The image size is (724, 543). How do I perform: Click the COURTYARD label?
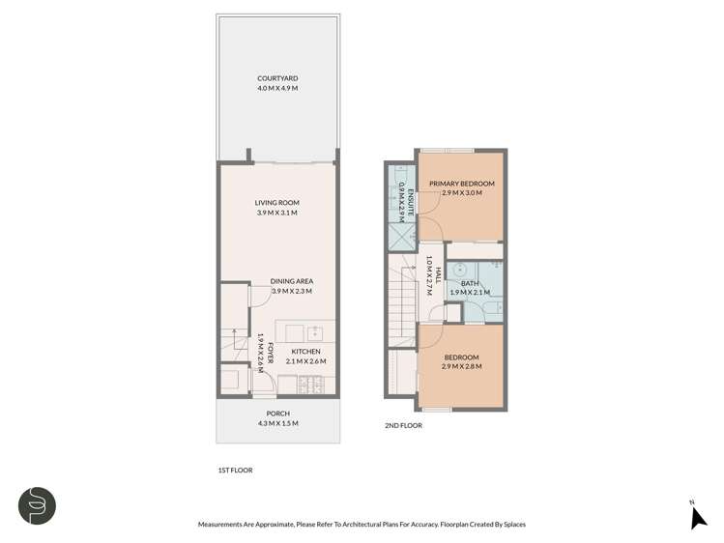[x=277, y=78]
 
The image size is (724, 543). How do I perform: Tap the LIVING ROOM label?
[x=277, y=203]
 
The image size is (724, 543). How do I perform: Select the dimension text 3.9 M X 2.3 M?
[x=291, y=291]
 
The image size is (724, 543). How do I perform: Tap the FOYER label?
[x=271, y=354]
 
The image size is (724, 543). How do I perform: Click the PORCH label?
[x=277, y=414]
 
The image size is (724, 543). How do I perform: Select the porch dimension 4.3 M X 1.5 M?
[x=277, y=423]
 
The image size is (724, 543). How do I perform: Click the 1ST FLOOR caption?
[x=235, y=470]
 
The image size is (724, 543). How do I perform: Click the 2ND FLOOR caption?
[x=403, y=423]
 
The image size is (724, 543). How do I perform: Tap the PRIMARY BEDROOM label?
[x=461, y=184]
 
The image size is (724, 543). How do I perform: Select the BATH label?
[x=469, y=283]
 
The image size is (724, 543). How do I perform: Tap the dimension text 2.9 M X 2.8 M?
[x=460, y=367]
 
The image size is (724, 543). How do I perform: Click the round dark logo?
[x=36, y=505]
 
